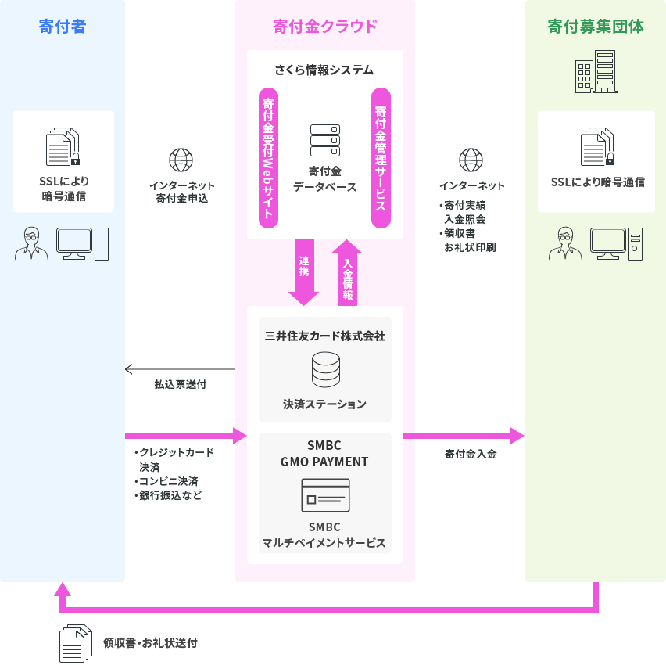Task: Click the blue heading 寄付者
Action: click(62, 27)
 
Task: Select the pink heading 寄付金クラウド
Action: click(324, 27)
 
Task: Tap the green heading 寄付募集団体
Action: click(596, 27)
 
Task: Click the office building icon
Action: click(596, 74)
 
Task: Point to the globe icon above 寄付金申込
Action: click(181, 160)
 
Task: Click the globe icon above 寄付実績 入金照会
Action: click(471, 160)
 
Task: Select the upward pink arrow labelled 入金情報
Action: click(347, 272)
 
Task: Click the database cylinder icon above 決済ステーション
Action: click(325, 370)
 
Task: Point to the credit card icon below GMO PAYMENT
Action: click(325, 494)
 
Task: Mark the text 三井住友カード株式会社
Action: click(325, 336)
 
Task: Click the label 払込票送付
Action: click(181, 385)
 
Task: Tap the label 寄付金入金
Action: click(471, 453)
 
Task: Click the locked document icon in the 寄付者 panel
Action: click(63, 148)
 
